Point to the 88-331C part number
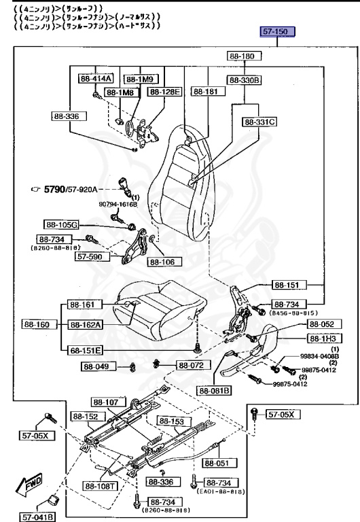[x=259, y=122]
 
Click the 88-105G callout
[x=62, y=224]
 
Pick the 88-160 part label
[x=38, y=325]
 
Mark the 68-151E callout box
[x=84, y=350]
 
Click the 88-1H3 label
[x=325, y=338]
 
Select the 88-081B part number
[x=215, y=390]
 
